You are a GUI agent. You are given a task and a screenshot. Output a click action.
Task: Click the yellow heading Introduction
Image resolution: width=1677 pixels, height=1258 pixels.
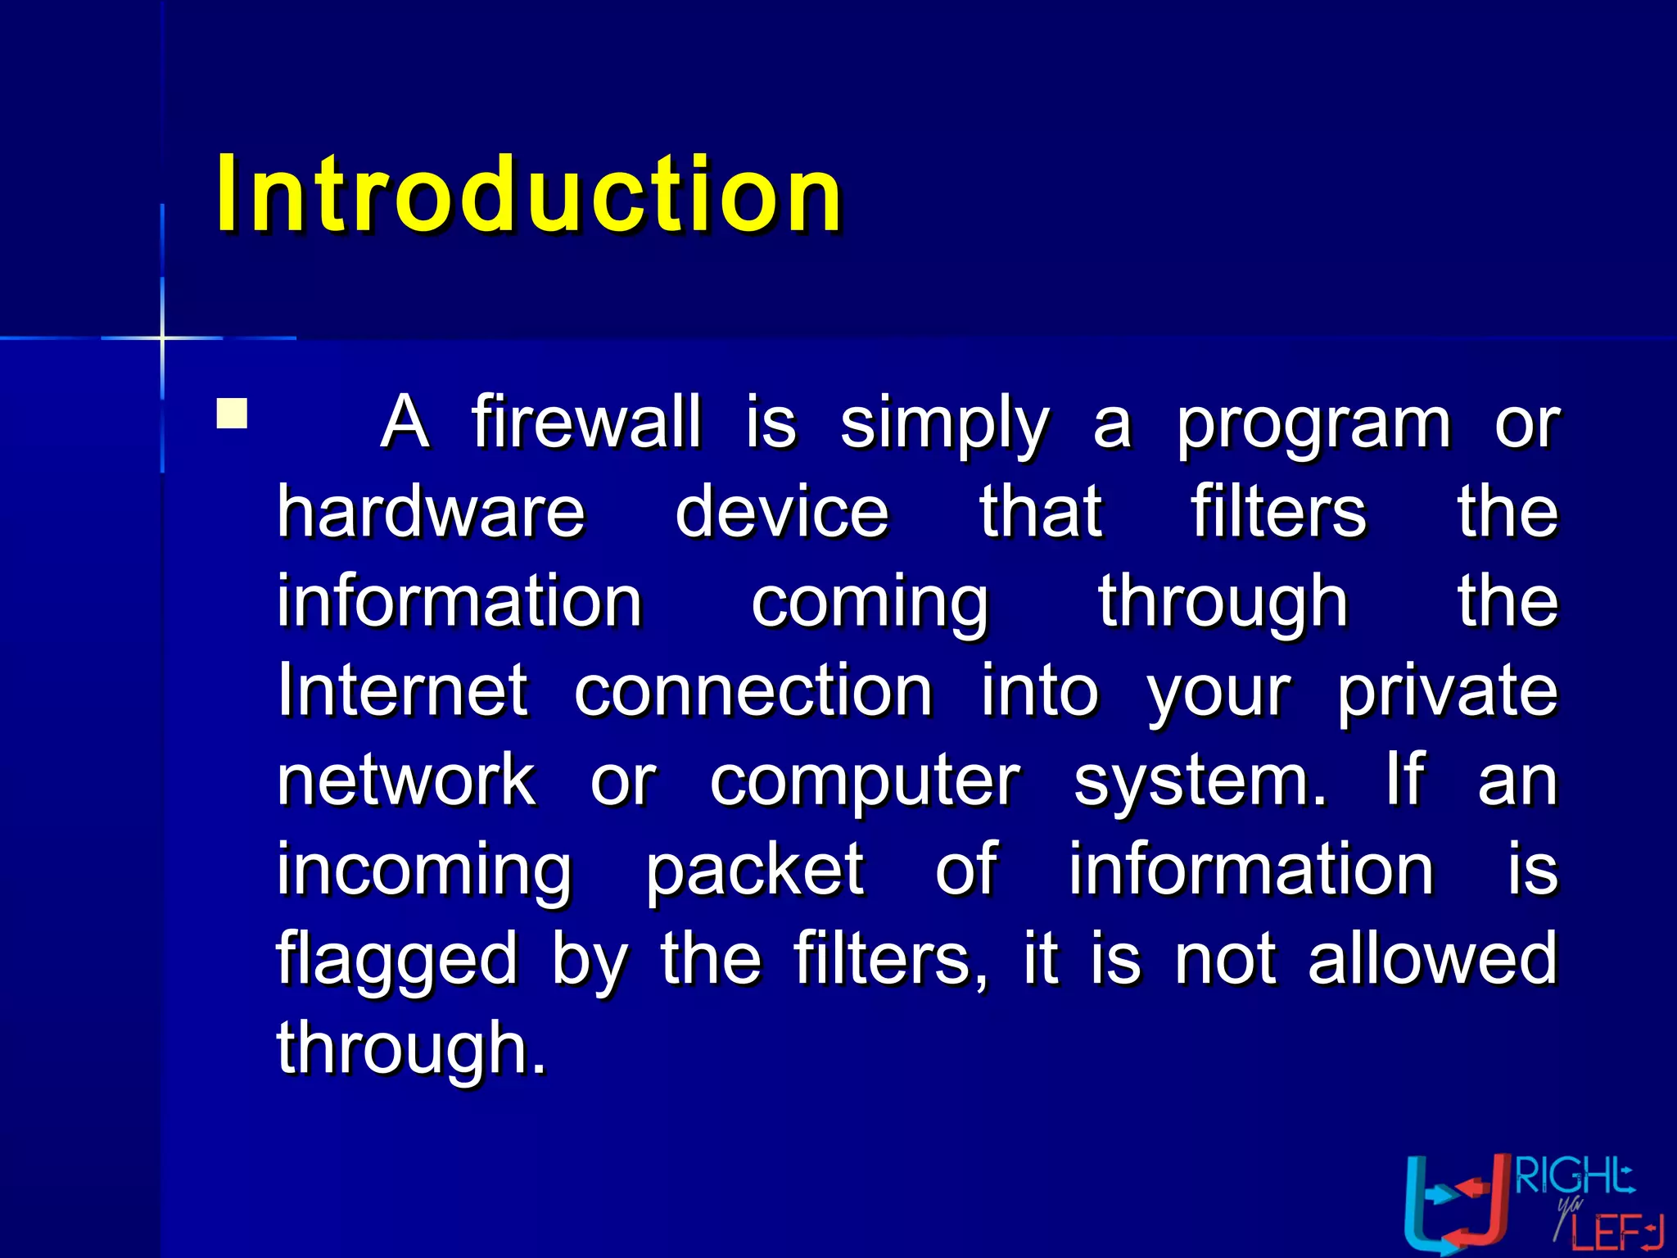point(528,194)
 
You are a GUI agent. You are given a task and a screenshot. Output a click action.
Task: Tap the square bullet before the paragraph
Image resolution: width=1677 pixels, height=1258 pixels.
point(232,414)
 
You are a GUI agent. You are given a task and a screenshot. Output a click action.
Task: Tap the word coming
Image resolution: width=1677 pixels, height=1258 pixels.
point(870,604)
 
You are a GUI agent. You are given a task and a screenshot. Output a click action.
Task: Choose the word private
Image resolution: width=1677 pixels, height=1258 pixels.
point(1447,692)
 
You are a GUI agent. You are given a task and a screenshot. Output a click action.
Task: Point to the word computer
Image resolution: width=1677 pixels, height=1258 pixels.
point(864,782)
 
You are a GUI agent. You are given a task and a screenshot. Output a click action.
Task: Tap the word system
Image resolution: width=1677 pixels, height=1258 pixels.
point(1198,782)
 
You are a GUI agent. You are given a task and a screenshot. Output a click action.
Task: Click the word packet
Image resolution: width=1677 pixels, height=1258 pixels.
point(754,871)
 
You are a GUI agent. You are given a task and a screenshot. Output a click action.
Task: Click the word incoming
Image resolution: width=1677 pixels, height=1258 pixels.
point(423,871)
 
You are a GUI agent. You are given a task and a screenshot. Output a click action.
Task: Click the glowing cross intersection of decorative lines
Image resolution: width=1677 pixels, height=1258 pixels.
point(162,337)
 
